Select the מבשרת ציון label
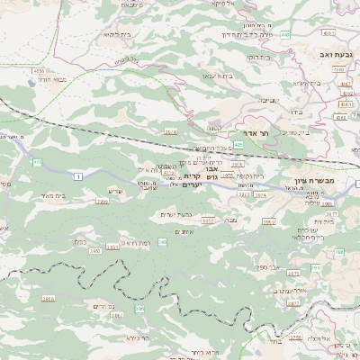[x=325, y=180]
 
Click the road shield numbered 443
[x=285, y=34]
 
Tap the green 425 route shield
[x=238, y=143]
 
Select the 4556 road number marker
[x=39, y=69]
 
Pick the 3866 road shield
[x=48, y=298]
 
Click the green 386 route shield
[x=140, y=309]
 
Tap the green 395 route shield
[x=163, y=241]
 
